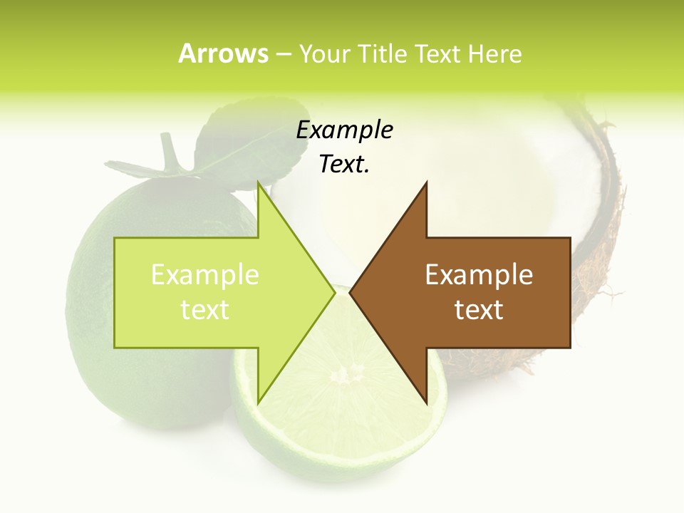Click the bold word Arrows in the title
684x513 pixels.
point(223,53)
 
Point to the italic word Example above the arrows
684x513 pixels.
point(344,130)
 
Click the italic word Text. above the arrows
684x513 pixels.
point(344,164)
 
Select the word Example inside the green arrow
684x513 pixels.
point(205,274)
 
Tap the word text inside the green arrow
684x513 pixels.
point(205,310)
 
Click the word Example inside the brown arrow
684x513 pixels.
point(479,274)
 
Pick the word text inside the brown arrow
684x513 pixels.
point(479,310)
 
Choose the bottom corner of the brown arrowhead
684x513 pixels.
point(426,403)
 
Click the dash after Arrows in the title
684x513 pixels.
point(283,54)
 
